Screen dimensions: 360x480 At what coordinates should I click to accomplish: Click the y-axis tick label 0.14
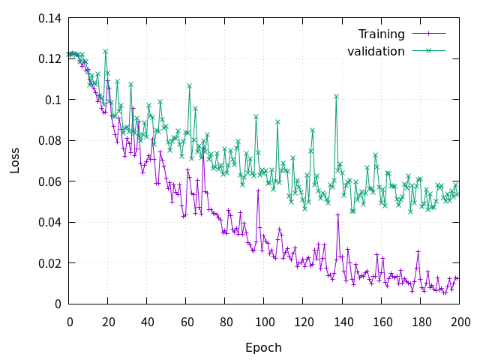[49, 18]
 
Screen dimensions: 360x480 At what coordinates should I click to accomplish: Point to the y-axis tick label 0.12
[49, 59]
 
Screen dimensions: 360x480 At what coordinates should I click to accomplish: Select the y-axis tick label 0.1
[53, 100]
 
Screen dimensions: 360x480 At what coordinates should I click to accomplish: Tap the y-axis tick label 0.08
[49, 141]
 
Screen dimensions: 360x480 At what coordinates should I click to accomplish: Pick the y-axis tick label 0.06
[49, 181]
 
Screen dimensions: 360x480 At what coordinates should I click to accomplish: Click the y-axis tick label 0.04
[49, 223]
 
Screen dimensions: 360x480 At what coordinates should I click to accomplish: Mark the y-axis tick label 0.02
[49, 263]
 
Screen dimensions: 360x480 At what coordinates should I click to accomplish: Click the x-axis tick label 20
[108, 322]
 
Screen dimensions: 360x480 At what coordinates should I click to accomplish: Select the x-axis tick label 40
[147, 322]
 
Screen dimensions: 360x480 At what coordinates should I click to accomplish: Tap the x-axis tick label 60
[186, 322]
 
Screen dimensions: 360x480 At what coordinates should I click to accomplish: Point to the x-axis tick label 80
[225, 322]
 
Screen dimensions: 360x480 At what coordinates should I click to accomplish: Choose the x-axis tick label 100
[264, 322]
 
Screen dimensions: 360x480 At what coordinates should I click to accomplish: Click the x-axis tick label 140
[343, 322]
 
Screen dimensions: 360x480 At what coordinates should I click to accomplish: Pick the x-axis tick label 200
[460, 322]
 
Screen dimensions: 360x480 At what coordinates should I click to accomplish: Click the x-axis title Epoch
[263, 348]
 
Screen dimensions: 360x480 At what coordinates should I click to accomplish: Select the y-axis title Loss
[16, 161]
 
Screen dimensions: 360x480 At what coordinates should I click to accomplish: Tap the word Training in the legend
[381, 34]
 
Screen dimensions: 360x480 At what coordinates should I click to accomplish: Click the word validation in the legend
[376, 51]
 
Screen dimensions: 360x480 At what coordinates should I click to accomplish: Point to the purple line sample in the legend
[429, 34]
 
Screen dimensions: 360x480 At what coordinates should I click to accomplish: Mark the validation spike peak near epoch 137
[337, 96]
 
